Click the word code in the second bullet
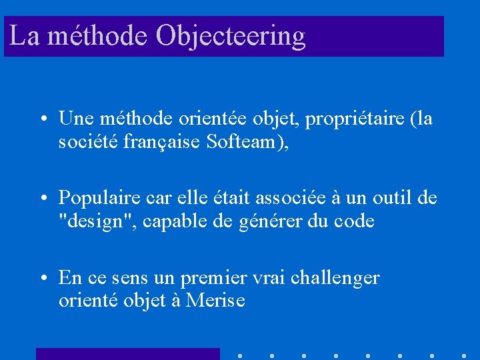click(x=353, y=221)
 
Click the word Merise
click(x=216, y=301)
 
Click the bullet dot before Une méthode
click(x=42, y=120)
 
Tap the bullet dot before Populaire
click(x=42, y=199)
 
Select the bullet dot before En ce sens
click(x=42, y=278)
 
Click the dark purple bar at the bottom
click(x=127, y=354)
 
